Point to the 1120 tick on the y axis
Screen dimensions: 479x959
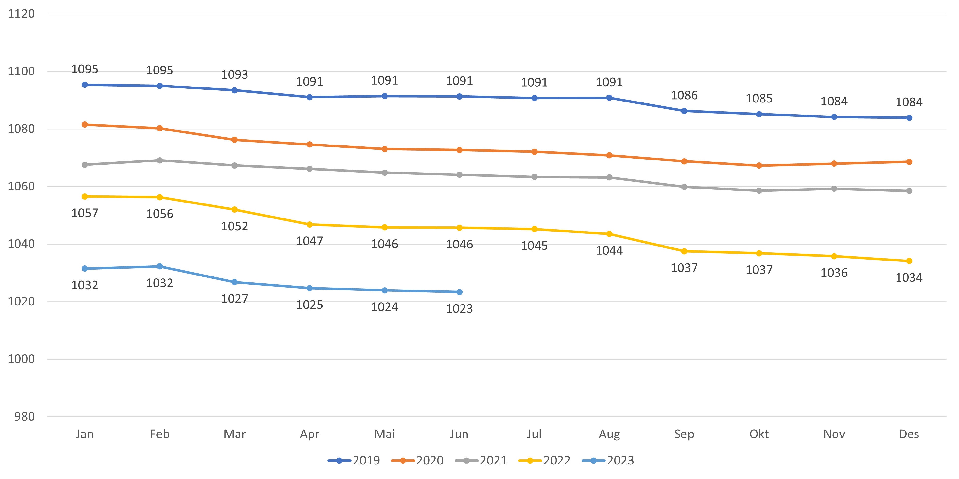pyautogui.click(x=21, y=14)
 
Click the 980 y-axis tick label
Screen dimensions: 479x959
pyautogui.click(x=25, y=417)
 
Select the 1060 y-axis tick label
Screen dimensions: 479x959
pyautogui.click(x=21, y=186)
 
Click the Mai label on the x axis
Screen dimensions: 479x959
pyautogui.click(x=384, y=434)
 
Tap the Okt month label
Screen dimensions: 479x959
pyautogui.click(x=759, y=434)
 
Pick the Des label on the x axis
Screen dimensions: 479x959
pyautogui.click(x=909, y=434)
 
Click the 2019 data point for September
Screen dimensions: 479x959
pyautogui.click(x=684, y=111)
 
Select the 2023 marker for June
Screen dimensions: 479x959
pyautogui.click(x=459, y=292)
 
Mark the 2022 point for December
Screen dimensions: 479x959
pyautogui.click(x=909, y=261)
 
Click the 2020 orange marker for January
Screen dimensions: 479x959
pyautogui.click(x=85, y=125)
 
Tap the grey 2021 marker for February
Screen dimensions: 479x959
pyautogui.click(x=160, y=160)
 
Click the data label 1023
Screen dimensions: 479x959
pyautogui.click(x=459, y=309)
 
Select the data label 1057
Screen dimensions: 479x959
pyautogui.click(x=85, y=213)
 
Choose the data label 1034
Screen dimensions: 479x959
pyautogui.click(x=909, y=277)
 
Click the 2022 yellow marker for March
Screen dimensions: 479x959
pyautogui.click(x=234, y=210)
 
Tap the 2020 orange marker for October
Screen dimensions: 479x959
pyautogui.click(x=759, y=165)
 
